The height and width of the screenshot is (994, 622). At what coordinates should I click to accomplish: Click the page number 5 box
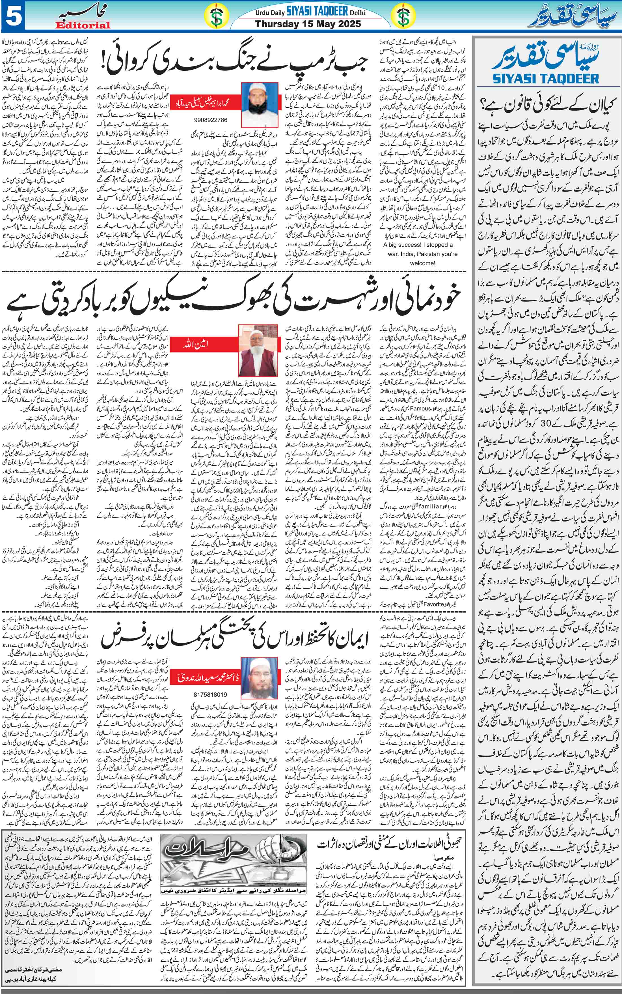[12, 16]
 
